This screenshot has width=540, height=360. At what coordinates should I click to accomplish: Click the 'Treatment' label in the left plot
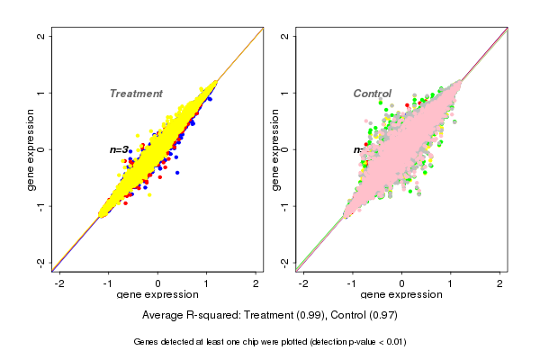point(136,94)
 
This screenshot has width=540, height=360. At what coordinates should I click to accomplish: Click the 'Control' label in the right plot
point(372,94)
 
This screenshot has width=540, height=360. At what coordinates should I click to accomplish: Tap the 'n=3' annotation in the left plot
point(120,149)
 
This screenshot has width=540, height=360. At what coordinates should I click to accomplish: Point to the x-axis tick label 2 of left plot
point(256,282)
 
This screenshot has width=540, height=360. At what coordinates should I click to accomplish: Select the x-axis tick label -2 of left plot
point(59,282)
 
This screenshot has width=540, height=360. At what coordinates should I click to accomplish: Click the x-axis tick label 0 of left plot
point(158,282)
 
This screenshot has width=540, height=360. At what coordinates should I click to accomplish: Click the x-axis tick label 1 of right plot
point(452,282)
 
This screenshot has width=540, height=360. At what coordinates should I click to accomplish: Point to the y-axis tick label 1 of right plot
point(285,93)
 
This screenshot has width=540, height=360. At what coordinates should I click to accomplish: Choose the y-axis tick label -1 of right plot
point(285,206)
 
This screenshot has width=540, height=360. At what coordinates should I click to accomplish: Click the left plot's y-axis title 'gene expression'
point(31,149)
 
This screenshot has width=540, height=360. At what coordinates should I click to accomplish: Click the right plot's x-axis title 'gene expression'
point(401,294)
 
